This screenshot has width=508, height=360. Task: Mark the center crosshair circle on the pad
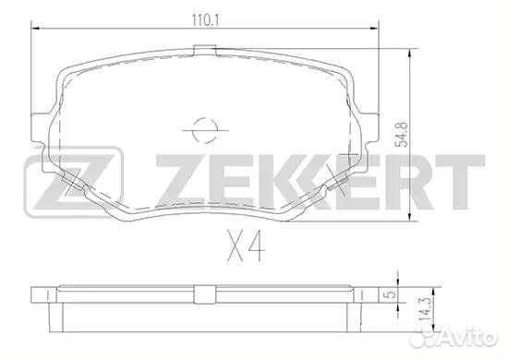coord(201,128)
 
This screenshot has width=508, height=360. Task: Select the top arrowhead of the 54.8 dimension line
coord(410,48)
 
